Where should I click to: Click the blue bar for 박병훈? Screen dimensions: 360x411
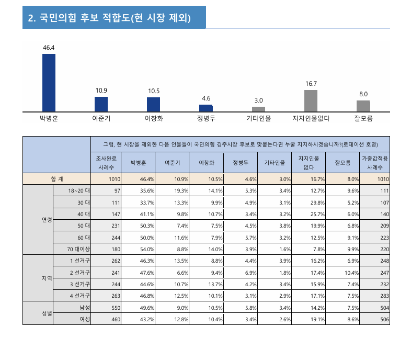pyautogui.click(x=49, y=83)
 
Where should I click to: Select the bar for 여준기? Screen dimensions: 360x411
pyautogui.click(x=101, y=104)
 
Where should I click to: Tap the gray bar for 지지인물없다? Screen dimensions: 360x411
pyautogui.click(x=311, y=101)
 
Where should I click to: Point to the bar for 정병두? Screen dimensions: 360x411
pyautogui.click(x=206, y=108)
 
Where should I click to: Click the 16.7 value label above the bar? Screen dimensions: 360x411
pyautogui.click(x=311, y=84)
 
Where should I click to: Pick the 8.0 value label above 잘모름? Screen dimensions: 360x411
pyautogui.click(x=363, y=94)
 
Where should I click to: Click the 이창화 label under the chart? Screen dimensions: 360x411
pyautogui.click(x=154, y=118)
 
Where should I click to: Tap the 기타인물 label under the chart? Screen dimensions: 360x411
pyautogui.click(x=258, y=118)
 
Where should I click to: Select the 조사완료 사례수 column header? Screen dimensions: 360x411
pyautogui.click(x=106, y=162)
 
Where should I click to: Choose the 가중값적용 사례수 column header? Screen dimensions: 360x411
pyautogui.click(x=375, y=162)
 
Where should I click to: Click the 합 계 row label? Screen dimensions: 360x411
pyautogui.click(x=56, y=179)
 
